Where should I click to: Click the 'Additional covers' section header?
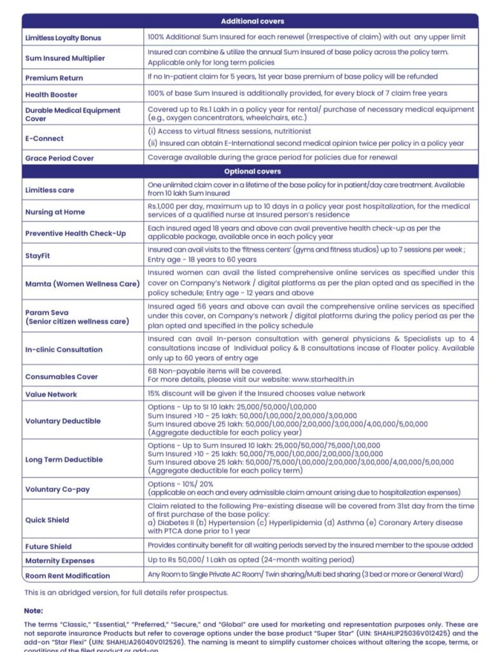point(252,22)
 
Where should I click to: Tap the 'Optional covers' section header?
point(252,171)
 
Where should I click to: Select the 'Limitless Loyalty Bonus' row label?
point(63,38)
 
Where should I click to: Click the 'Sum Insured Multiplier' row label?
point(65,58)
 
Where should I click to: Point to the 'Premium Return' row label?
point(54,78)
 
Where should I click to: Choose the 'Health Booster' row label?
point(52,95)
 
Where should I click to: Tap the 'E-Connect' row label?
point(44,138)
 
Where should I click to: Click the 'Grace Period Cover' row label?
point(59,159)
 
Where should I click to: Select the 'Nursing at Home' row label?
point(55,212)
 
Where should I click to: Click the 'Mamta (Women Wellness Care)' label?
point(82,284)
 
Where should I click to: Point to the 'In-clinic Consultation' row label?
point(64,350)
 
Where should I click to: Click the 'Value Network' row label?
point(52,395)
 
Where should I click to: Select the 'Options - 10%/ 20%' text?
point(181,485)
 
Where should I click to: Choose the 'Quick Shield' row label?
point(47,520)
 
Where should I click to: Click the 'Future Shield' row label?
point(48,546)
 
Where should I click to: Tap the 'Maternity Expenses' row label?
point(60,561)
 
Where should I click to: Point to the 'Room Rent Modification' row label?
point(67,576)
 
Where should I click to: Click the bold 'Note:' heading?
point(34,611)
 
